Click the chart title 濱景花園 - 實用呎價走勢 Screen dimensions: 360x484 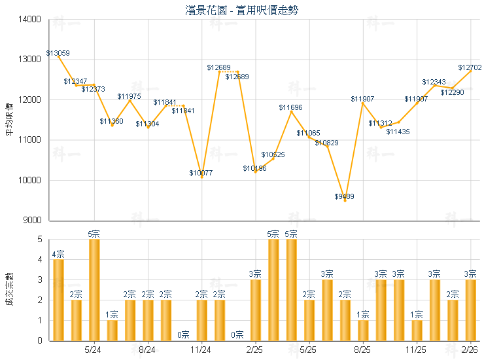242,10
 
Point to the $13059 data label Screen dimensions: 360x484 58,53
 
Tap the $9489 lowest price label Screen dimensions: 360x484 345,196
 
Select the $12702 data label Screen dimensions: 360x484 470,67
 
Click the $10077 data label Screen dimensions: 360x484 201,173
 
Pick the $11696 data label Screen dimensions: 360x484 290,107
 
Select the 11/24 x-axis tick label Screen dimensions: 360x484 201,350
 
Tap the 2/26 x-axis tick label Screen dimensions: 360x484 470,350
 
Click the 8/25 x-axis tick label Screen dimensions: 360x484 363,350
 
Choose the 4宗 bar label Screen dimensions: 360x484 58,255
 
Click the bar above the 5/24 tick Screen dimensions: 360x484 94,290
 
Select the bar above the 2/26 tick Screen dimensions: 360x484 470,310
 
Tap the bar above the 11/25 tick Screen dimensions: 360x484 417,331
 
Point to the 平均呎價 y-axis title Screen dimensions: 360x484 9,120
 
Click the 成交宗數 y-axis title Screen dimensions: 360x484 9,290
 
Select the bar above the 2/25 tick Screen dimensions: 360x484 255,310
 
